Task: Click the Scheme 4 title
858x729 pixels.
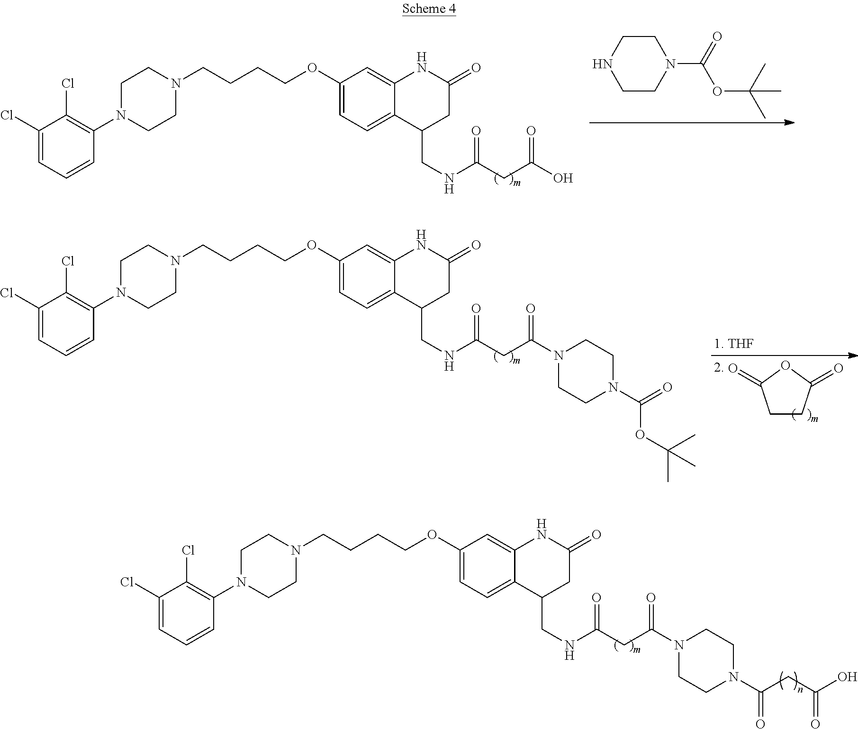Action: [x=429, y=9]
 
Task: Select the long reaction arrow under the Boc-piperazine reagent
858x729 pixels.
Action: [x=691, y=122]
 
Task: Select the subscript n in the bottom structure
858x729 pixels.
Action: [x=800, y=690]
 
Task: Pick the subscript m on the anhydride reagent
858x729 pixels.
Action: [x=815, y=418]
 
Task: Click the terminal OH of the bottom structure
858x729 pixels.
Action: [x=847, y=664]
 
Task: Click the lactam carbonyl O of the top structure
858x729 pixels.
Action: [x=476, y=68]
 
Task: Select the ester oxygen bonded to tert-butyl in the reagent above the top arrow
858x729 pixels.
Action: [x=716, y=91]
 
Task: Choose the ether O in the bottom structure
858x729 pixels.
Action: [x=432, y=535]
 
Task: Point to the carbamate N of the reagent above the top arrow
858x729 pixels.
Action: [x=668, y=64]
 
